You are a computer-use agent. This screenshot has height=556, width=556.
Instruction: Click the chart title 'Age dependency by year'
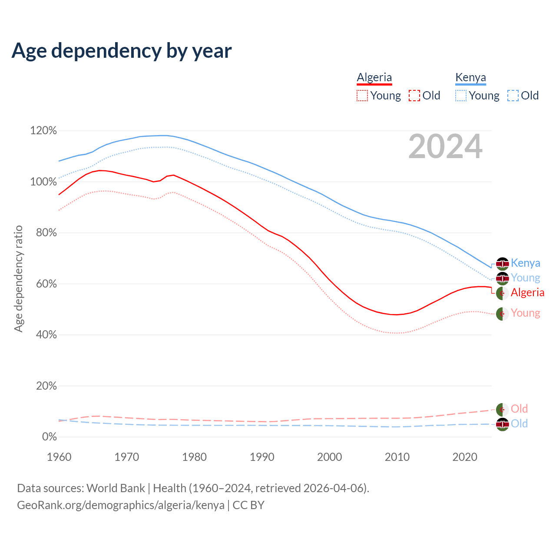pyautogui.click(x=122, y=51)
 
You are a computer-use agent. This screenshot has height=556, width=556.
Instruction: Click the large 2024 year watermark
pyautogui.click(x=445, y=147)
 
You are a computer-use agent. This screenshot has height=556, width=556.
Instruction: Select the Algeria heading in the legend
pyautogui.click(x=374, y=78)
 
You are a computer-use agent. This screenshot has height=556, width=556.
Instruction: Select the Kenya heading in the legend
pyautogui.click(x=470, y=78)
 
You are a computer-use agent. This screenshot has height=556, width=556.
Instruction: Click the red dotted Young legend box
pyautogui.click(x=362, y=96)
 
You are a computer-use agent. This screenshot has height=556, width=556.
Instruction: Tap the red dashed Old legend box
pyautogui.click(x=414, y=96)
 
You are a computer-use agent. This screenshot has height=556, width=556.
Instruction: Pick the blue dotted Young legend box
pyautogui.click(x=460, y=96)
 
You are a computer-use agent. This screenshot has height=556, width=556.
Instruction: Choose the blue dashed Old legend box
pyautogui.click(x=513, y=96)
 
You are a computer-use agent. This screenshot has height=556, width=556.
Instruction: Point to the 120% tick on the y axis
pyautogui.click(x=43, y=131)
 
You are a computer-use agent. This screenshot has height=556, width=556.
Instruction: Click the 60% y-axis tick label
pyautogui.click(x=46, y=284)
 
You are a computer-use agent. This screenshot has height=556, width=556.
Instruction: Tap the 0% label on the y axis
pyautogui.click(x=49, y=437)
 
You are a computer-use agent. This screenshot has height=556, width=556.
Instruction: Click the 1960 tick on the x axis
pyautogui.click(x=59, y=457)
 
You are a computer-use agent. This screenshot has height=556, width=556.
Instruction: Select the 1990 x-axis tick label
pyautogui.click(x=262, y=457)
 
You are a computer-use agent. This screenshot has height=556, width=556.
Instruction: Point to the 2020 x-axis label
pyautogui.click(x=465, y=457)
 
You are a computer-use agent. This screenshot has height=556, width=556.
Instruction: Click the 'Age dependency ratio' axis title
pyautogui.click(x=18, y=279)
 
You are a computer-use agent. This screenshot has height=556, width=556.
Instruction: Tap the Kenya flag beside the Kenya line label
pyautogui.click(x=503, y=264)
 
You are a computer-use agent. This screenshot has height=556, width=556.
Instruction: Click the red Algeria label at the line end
pyautogui.click(x=527, y=292)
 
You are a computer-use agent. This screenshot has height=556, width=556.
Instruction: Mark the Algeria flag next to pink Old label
pyautogui.click(x=503, y=409)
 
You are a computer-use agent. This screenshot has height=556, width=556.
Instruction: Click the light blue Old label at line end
pyautogui.click(x=519, y=424)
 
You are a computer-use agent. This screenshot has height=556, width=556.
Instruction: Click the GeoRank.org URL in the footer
pyautogui.click(x=121, y=505)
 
